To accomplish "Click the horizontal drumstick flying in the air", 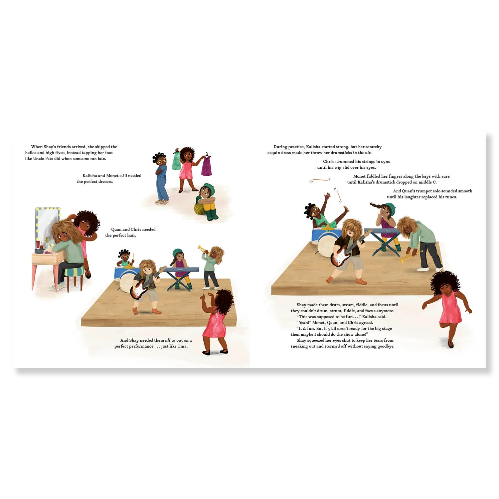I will point(320,180).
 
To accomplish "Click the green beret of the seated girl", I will point(208,186).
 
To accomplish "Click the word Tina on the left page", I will point(182,346).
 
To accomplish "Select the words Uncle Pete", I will point(43,159).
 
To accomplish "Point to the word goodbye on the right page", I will point(385,346).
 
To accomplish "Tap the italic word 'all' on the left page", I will point(167,340).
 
